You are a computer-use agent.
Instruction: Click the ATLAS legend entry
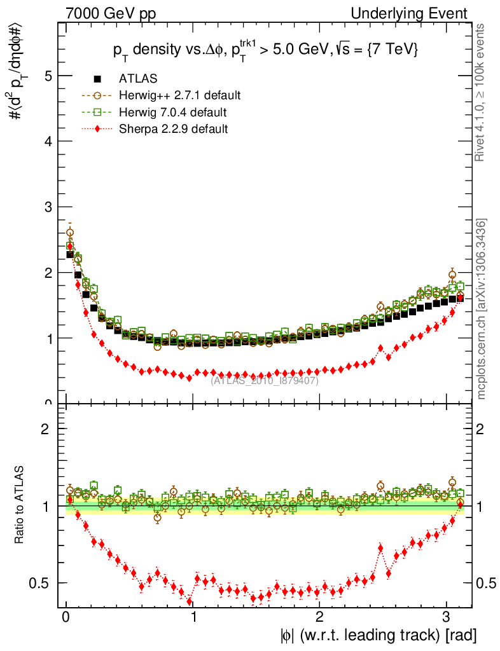click(x=137, y=79)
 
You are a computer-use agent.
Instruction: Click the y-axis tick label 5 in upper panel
click(x=46, y=76)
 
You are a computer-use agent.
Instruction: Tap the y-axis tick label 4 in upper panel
click(x=46, y=142)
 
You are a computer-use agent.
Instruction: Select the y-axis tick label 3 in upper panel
click(x=46, y=207)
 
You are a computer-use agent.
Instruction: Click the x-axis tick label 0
click(x=66, y=617)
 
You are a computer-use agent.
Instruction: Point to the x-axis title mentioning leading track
click(x=377, y=634)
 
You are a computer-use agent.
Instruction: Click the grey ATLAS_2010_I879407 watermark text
click(x=265, y=381)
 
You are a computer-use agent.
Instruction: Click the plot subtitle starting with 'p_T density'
click(x=265, y=51)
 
